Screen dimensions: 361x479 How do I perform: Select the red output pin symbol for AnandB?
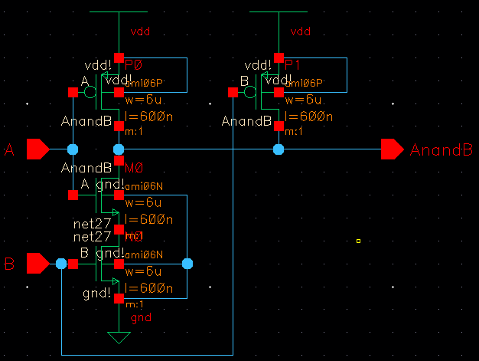tap(393, 149)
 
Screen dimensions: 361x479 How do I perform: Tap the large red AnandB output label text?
tap(441, 149)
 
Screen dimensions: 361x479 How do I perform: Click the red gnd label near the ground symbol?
tap(141, 317)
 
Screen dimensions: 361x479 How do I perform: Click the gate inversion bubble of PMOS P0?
tap(90, 93)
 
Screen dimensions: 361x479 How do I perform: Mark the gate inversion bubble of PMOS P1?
tap(249, 93)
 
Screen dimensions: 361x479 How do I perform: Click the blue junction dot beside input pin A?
tap(73, 149)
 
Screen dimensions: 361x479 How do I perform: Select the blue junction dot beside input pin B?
tap(61, 264)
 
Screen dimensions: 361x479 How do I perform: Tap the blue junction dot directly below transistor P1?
tap(278, 149)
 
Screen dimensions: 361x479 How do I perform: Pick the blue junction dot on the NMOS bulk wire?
tap(187, 264)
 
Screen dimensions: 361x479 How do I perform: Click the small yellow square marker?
tap(357, 241)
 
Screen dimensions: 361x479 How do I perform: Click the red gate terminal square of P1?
tap(232, 93)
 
